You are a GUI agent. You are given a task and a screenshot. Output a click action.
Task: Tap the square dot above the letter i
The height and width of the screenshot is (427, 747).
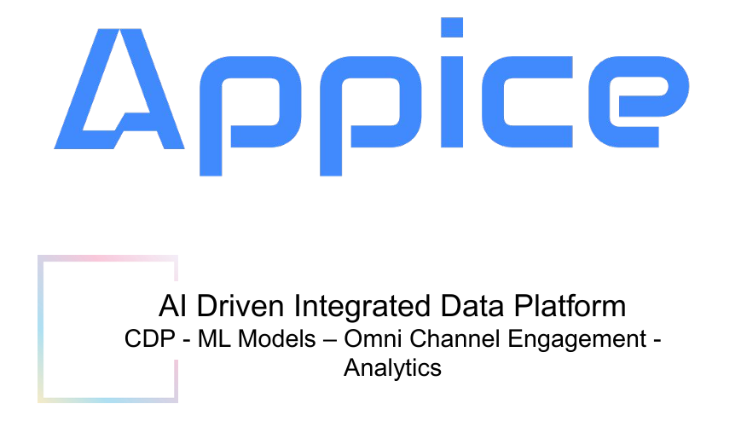point(452,27)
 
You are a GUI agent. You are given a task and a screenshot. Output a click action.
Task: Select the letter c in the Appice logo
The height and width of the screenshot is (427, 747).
point(527,101)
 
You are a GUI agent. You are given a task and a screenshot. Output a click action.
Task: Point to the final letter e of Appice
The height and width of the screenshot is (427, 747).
point(639,101)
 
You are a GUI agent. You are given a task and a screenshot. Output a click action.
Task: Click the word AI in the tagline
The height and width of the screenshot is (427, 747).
point(172,306)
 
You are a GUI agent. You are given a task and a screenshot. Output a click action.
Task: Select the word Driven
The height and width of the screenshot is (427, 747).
point(240,306)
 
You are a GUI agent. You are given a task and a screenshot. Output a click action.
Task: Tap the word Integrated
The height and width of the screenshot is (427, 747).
point(362,307)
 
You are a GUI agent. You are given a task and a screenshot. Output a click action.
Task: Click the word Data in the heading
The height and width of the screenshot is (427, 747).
point(472,306)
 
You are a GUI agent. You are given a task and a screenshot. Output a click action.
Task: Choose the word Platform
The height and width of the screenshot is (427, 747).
point(570,306)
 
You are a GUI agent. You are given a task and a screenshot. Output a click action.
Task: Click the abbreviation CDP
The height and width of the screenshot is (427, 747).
point(149,339)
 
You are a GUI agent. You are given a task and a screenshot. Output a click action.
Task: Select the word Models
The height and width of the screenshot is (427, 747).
point(277,339)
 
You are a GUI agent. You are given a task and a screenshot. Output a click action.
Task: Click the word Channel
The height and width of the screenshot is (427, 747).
point(455,339)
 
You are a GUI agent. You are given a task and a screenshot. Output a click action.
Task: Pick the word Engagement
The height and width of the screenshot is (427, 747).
point(577,341)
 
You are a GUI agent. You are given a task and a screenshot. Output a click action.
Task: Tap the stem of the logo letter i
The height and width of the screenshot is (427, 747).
point(452,102)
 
